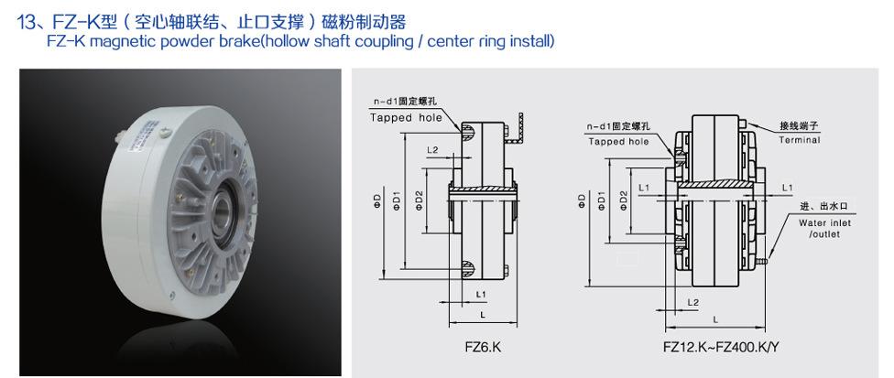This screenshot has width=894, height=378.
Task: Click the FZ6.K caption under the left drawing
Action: tap(483, 347)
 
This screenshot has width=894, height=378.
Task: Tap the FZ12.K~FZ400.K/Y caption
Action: tap(720, 347)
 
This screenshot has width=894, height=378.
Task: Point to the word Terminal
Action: tap(800, 140)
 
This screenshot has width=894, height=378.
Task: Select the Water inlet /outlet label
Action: tap(824, 228)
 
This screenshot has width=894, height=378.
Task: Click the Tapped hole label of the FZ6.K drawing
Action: tap(406, 118)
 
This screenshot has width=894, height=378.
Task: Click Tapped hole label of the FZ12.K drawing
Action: tap(618, 142)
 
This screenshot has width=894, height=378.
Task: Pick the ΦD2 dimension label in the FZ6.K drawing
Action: tap(420, 200)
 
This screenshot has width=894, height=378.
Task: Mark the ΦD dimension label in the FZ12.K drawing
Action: tap(582, 201)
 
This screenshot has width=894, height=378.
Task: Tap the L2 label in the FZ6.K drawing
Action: tap(432, 150)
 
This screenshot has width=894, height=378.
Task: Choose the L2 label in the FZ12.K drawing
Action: tap(692, 302)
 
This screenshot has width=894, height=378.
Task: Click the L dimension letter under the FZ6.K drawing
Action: tap(483, 314)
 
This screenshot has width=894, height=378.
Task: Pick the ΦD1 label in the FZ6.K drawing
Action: tap(398, 200)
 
